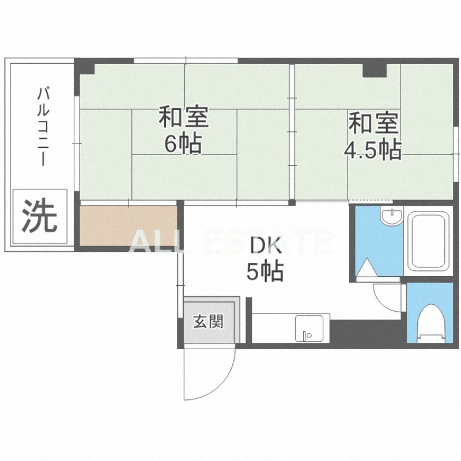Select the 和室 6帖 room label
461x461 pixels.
point(183,130)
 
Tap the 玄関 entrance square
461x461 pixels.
point(207,322)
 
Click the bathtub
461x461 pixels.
point(428,243)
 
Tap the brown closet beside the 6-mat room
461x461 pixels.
point(128,225)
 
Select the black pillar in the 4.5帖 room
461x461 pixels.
point(374,70)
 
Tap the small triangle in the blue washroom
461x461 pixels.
point(366,269)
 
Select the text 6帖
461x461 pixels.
point(183,144)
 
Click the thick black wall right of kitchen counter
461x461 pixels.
point(366,332)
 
